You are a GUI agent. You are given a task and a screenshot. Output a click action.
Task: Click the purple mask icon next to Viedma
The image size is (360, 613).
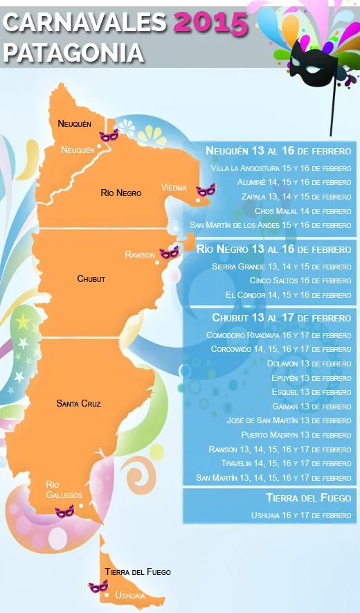[206, 190]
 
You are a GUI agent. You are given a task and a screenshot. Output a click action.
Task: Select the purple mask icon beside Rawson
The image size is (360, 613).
[169, 253]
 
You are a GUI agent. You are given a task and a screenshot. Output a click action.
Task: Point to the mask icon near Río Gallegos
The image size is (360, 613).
[64, 511]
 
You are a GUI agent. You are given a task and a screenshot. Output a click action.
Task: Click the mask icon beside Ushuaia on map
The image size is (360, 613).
[98, 587]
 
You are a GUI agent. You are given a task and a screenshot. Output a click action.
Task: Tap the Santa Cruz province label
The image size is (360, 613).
[78, 403]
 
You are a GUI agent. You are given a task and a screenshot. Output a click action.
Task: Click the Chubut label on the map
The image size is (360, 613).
[91, 278]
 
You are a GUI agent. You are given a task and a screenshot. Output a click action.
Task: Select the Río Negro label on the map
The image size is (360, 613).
[120, 193]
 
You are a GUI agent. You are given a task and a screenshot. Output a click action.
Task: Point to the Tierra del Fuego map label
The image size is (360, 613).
[138, 572]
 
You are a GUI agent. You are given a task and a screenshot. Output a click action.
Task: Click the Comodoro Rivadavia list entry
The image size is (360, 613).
[278, 335]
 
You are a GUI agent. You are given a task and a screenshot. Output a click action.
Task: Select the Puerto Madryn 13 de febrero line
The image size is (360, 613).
[296, 434]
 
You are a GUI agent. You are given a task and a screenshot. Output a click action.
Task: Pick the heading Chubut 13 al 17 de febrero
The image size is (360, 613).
[281, 318]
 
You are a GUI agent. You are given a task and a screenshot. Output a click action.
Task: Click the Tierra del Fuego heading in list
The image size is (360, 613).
[308, 498]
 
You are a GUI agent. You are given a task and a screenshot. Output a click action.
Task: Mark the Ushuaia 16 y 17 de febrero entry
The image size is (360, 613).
[300, 515]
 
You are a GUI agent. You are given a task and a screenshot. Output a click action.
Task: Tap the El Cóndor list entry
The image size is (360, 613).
[288, 294]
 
